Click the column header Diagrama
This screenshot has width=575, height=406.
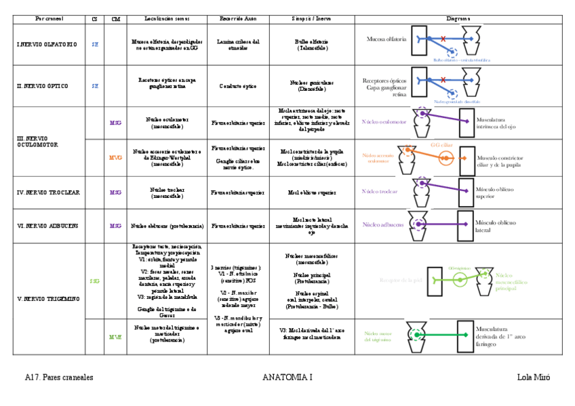[458, 19]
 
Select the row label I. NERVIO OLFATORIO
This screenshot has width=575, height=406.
[47, 45]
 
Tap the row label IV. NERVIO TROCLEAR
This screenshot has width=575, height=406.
[48, 192]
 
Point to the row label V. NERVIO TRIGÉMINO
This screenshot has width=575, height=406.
[47, 298]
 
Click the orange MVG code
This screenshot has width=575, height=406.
[116, 157]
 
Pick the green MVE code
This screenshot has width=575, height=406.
[116, 337]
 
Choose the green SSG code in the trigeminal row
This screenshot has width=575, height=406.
[94, 280]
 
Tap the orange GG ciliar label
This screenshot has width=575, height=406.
[441, 144]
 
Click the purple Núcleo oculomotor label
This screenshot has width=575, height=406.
[384, 122]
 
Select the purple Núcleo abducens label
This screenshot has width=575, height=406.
[383, 224]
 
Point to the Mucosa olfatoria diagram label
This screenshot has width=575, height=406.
[386, 39]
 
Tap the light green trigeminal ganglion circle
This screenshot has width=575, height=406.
[461, 280]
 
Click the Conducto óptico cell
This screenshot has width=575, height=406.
[238, 86]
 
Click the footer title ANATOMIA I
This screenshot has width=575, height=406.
[287, 378]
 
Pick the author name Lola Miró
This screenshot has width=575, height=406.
[532, 378]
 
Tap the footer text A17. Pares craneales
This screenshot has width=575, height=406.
[59, 378]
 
